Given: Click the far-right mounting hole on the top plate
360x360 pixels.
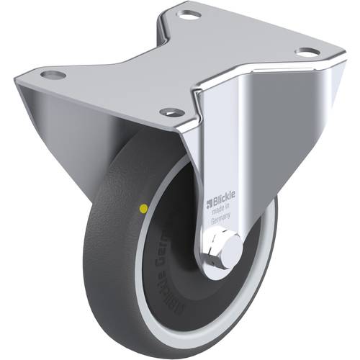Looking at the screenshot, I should click(307, 53).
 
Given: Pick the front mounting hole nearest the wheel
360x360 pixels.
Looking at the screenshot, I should click(171, 112).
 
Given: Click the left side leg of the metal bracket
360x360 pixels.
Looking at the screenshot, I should click(72, 137).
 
